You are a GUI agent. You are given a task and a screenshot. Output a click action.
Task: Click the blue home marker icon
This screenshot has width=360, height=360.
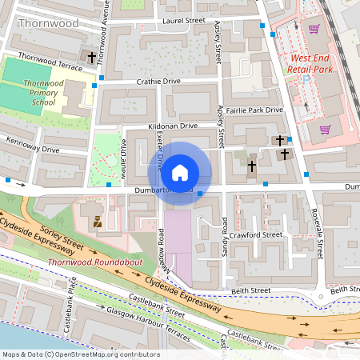pos(180,173)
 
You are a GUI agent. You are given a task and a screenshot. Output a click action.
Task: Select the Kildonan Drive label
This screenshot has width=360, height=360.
pos(172,126)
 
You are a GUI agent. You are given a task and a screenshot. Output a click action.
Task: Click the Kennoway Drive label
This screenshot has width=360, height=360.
pos(32,144)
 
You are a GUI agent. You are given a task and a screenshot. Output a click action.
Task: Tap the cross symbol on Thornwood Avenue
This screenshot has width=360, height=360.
pos(92,58)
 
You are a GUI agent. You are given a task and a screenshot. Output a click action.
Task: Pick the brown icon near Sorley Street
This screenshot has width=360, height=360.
pos(98,221)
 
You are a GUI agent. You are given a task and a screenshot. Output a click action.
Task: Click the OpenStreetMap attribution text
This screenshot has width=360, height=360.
pos(81,354)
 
